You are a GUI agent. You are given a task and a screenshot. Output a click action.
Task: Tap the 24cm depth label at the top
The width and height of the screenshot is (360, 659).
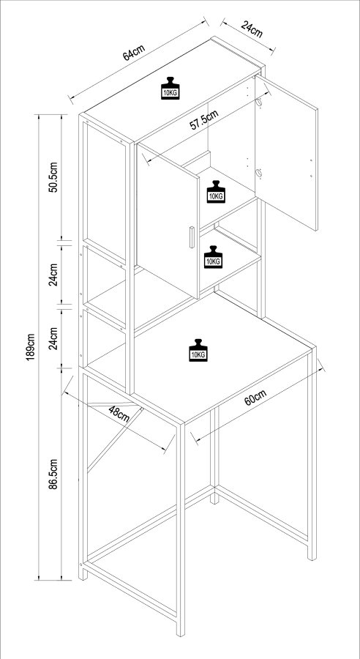tap(252, 31)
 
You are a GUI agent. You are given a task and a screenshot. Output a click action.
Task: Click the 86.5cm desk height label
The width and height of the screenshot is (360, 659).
tap(53, 477)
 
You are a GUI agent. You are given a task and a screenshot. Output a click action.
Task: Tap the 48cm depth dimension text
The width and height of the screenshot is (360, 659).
tap(119, 414)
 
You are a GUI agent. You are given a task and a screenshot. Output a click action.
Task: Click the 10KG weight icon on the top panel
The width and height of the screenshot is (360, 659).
tap(170, 88)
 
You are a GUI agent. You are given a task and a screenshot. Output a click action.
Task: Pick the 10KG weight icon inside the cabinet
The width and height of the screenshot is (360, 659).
tap(216, 192)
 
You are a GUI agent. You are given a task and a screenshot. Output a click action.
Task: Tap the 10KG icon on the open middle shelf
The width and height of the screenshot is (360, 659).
tap(213, 256)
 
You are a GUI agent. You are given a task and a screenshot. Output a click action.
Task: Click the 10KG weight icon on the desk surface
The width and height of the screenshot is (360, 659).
tap(198, 350)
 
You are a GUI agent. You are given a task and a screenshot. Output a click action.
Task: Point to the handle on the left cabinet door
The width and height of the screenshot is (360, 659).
tap(190, 238)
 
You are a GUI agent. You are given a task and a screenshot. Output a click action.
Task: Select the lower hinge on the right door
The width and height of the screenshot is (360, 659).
tap(258, 174)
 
